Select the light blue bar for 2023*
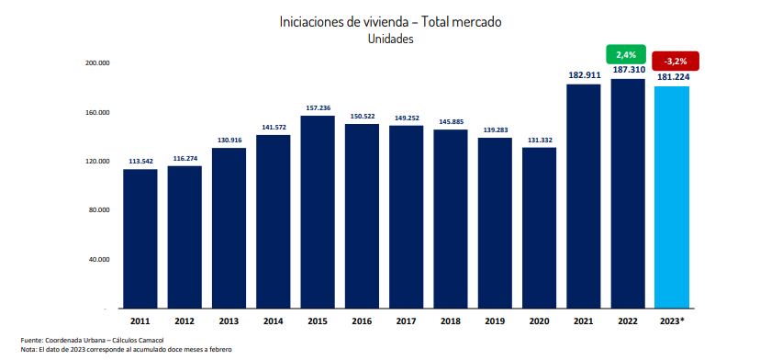tap(672, 197)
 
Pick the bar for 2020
tap(539, 227)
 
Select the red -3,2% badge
tap(672, 62)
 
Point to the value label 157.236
tap(318, 107)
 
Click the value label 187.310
tap(628, 70)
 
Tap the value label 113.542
tap(140, 161)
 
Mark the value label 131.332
tap(539, 139)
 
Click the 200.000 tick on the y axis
tap(97, 63)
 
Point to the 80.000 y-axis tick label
tap(98, 210)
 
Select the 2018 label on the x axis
tap(450, 321)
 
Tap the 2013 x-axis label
tap(229, 321)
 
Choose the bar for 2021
tap(583, 195)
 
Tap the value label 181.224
tap(673, 77)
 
